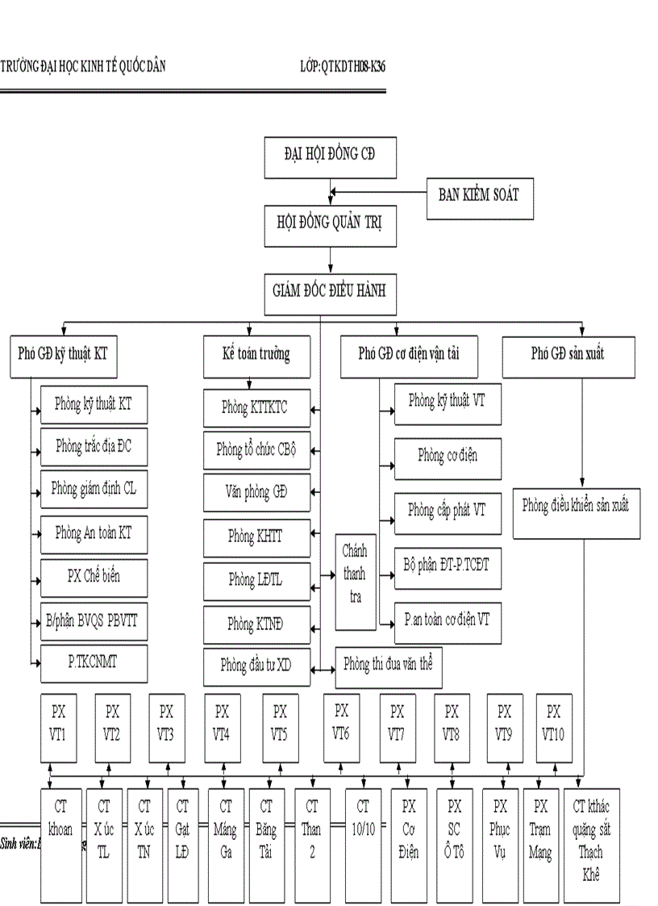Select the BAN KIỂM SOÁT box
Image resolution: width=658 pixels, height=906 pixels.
(x=479, y=195)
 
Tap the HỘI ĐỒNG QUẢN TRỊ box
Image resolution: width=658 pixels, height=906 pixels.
(x=330, y=225)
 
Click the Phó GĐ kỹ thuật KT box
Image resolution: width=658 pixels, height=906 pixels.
(x=63, y=355)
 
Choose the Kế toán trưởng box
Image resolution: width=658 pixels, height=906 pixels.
(x=256, y=355)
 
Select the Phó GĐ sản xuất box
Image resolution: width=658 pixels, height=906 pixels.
(x=568, y=355)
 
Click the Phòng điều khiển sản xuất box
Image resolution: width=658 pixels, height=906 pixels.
(x=576, y=507)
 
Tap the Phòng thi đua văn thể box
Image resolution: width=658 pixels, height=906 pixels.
(x=388, y=666)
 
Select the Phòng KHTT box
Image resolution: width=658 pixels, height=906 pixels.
(x=256, y=535)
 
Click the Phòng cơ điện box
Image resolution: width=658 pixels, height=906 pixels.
(x=448, y=457)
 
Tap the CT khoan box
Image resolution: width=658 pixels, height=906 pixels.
(x=60, y=843)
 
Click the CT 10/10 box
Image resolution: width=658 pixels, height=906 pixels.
(x=364, y=843)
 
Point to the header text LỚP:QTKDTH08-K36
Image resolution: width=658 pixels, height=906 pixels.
(x=341, y=67)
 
